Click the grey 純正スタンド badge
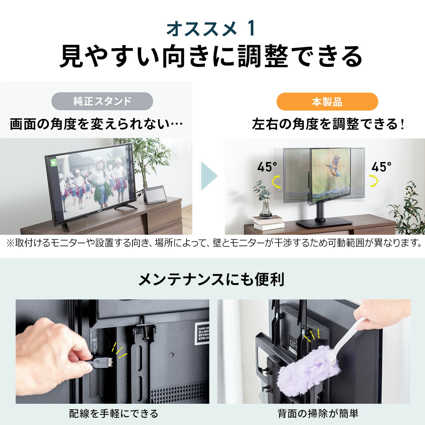coord(102,101)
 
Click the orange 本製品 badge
coord(327,102)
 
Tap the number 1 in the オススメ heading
coord(252,29)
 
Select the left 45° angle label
coord(267,167)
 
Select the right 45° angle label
coord(381,167)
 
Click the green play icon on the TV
coord(53,163)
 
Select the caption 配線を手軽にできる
coord(113,414)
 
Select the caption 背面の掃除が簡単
coord(318,414)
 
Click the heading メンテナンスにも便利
coord(212,280)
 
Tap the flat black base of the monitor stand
coord(324,222)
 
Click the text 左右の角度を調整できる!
coord(328,124)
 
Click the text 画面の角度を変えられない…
coord(96,124)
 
